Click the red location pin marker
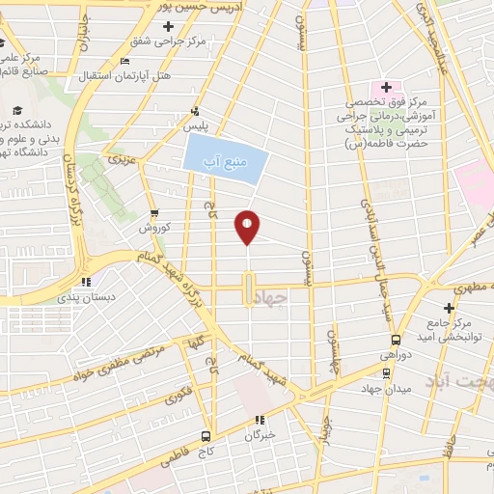[248, 226]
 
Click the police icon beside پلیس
[196, 110]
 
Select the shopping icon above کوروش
[154, 214]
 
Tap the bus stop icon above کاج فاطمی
[206, 436]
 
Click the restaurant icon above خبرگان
[259, 420]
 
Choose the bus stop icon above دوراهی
[396, 340]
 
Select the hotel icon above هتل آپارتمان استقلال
[123, 62]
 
